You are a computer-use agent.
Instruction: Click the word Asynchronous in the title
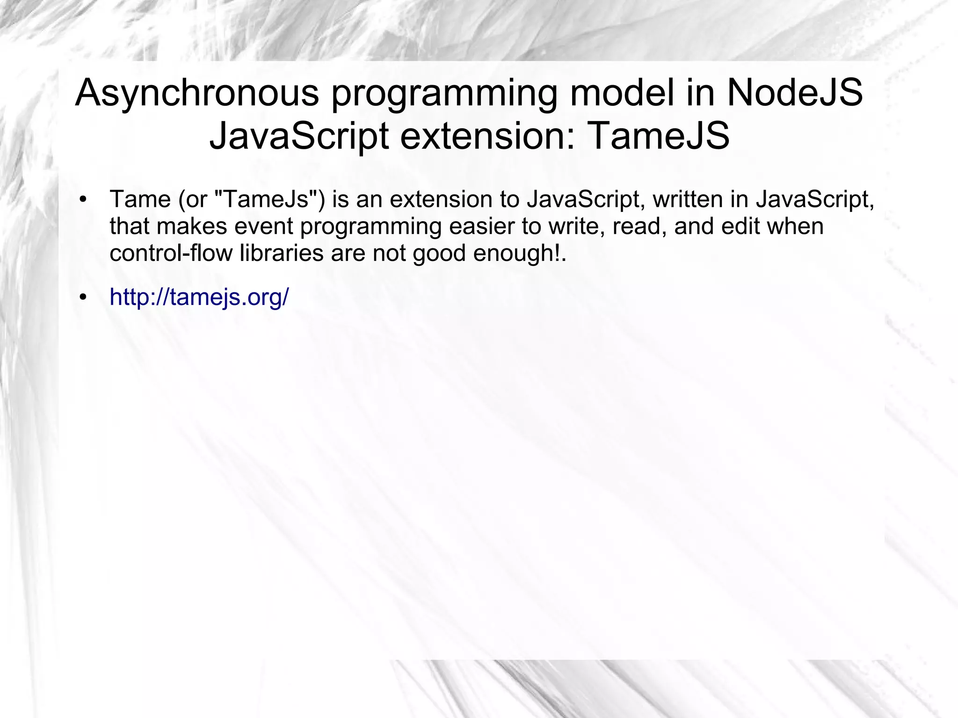(x=196, y=94)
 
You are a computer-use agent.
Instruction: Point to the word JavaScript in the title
(x=299, y=136)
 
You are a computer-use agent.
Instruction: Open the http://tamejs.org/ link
(x=199, y=297)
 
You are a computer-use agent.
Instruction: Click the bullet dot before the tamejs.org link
(x=83, y=297)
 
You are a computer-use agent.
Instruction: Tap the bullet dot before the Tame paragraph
(x=83, y=200)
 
